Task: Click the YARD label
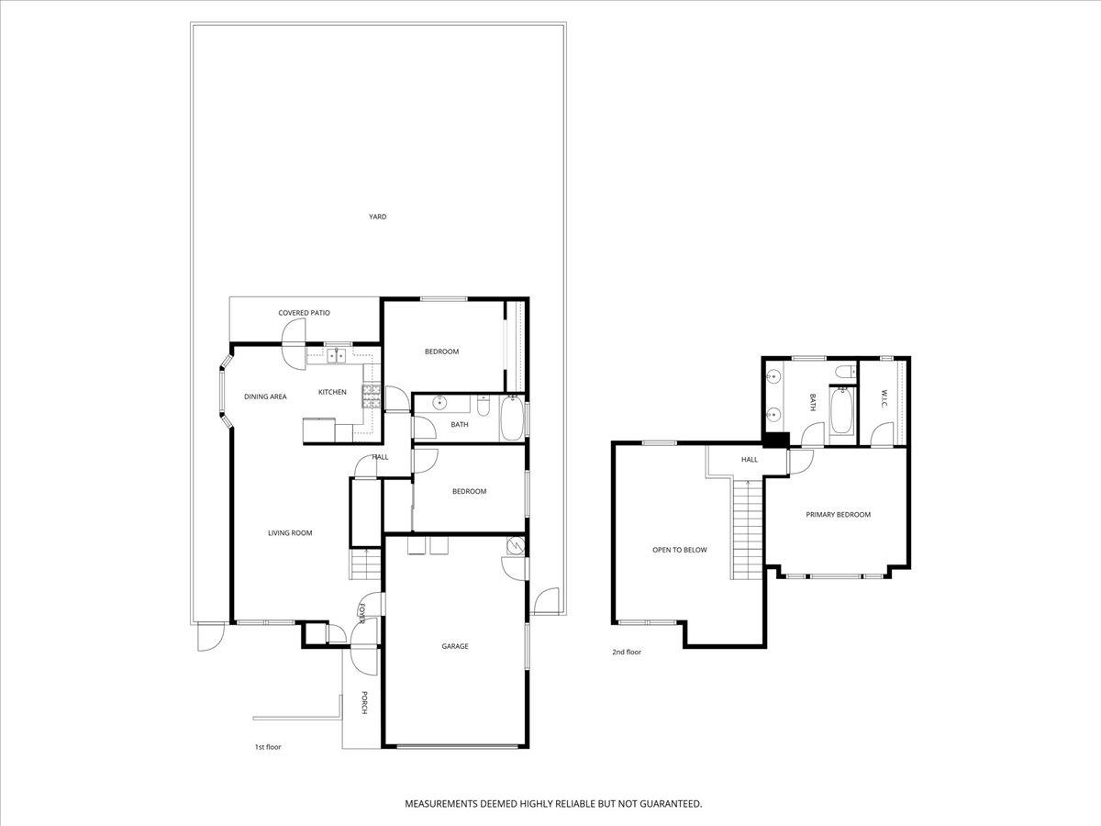click(x=377, y=218)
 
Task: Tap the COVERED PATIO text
click(x=304, y=313)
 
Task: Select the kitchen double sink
click(x=336, y=353)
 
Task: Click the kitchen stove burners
click(x=372, y=396)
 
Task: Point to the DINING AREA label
click(x=265, y=396)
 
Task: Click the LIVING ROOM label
click(x=290, y=533)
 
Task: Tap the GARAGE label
click(x=455, y=646)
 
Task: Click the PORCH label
click(x=363, y=703)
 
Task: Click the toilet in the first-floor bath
click(x=485, y=405)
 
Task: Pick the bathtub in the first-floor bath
click(x=514, y=420)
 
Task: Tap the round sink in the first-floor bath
click(x=439, y=402)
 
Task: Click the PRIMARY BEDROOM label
click(x=838, y=515)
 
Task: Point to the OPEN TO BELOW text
click(x=679, y=550)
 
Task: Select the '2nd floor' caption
click(x=627, y=653)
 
